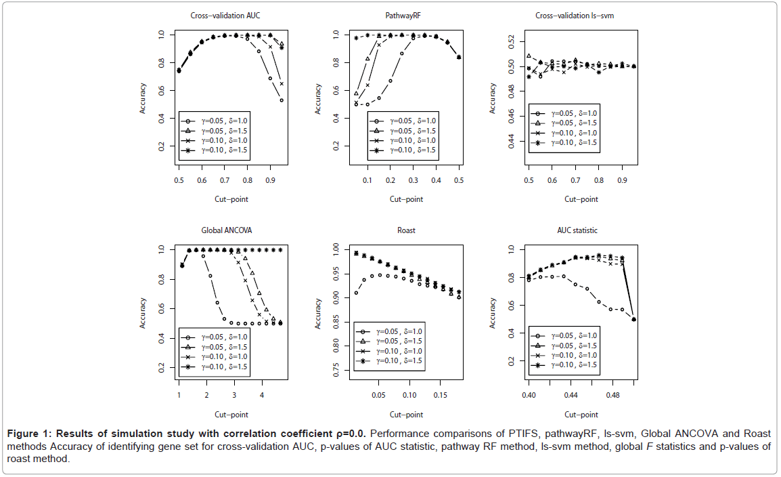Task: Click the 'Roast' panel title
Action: [407, 230]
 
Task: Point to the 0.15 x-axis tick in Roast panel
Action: [441, 394]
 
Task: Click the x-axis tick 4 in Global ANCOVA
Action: [262, 394]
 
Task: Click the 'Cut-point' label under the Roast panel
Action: [407, 414]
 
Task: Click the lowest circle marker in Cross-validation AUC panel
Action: [282, 100]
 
